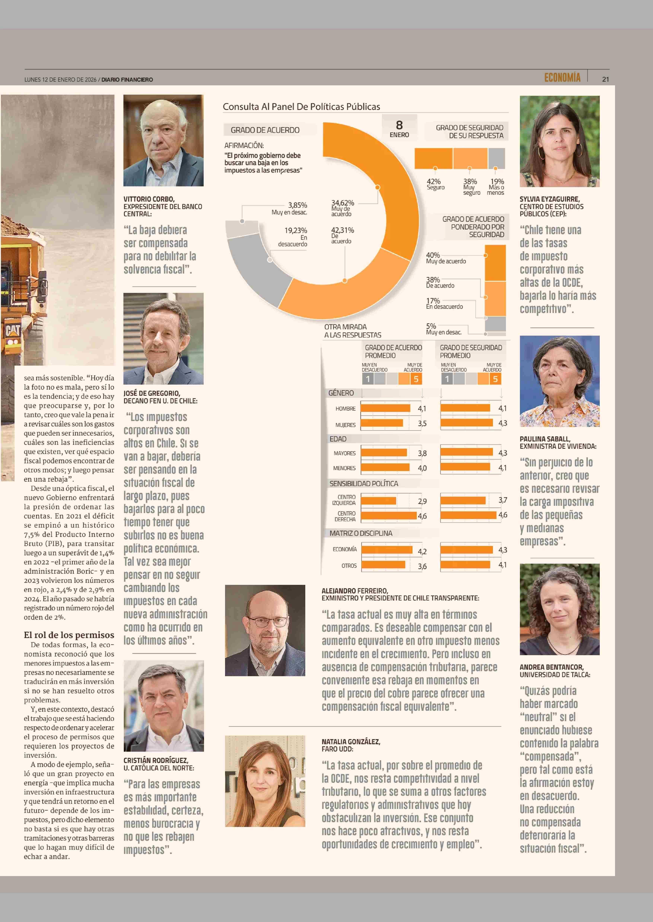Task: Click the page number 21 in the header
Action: tap(605, 79)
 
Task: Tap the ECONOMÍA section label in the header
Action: tap(562, 78)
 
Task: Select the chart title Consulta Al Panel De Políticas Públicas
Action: tap(301, 106)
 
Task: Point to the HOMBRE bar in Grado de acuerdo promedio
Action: tap(385, 408)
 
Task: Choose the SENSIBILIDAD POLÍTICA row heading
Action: tap(364, 484)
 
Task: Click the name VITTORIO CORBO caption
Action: tap(149, 199)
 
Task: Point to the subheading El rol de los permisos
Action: tap(69, 635)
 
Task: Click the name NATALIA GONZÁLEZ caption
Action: tap(351, 742)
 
